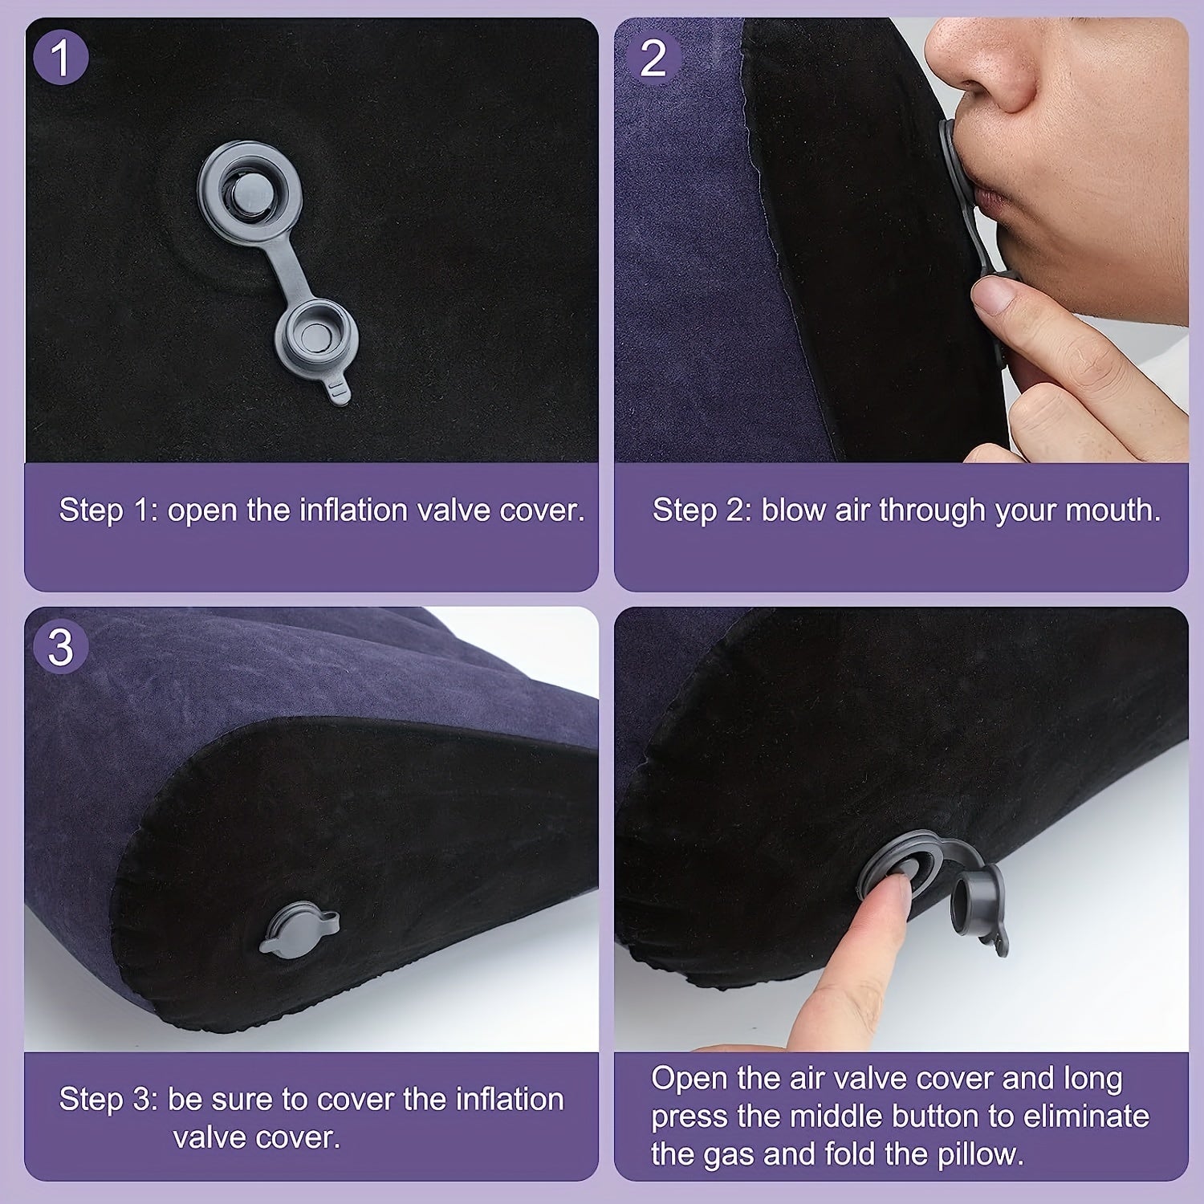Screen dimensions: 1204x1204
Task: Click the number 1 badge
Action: click(x=61, y=58)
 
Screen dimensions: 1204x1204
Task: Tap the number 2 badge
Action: click(x=653, y=58)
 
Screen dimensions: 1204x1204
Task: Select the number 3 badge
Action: click(x=61, y=647)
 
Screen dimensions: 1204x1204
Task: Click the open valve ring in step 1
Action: click(x=250, y=193)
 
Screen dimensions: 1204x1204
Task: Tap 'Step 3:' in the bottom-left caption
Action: click(x=108, y=1099)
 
